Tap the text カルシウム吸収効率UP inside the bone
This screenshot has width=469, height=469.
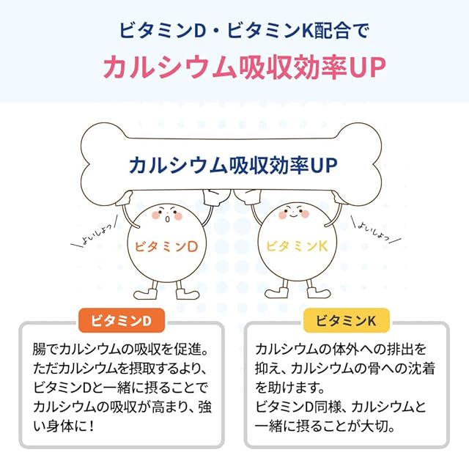[232, 164]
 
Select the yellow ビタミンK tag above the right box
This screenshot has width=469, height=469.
[347, 320]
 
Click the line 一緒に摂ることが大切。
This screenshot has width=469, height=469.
[327, 425]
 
